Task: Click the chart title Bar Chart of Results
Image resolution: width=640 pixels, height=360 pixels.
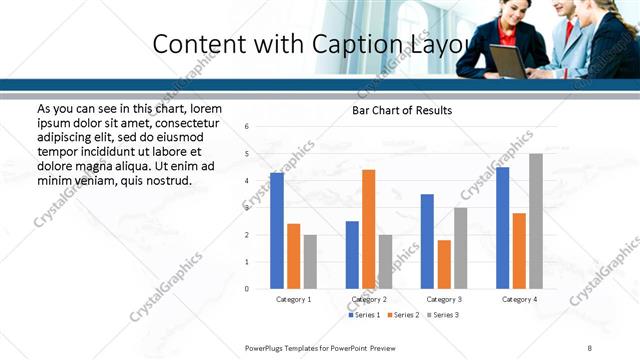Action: click(402, 110)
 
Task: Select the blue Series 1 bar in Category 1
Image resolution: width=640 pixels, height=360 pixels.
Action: click(277, 231)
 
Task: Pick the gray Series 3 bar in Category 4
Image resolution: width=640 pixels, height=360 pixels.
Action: click(536, 221)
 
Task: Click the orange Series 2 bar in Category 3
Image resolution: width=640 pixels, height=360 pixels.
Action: click(444, 264)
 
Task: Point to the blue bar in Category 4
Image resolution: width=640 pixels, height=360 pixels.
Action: click(502, 228)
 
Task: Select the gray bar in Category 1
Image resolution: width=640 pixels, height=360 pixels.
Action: click(310, 262)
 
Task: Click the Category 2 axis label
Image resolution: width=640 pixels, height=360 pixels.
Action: click(369, 299)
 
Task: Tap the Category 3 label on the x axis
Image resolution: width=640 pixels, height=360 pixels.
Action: click(444, 299)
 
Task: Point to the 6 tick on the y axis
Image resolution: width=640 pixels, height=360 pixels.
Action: click(247, 126)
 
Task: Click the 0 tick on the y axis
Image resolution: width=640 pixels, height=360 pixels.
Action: click(247, 289)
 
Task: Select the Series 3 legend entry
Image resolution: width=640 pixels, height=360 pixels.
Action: click(443, 315)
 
